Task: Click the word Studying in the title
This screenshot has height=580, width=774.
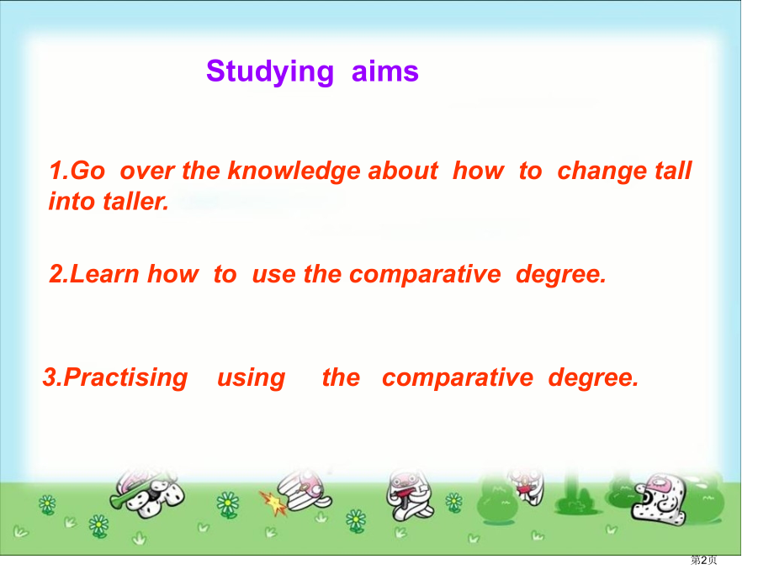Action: coord(270,72)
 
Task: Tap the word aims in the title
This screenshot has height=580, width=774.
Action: coord(385,71)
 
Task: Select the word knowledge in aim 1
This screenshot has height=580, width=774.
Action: coord(294,171)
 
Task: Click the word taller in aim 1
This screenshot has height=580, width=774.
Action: coord(135,202)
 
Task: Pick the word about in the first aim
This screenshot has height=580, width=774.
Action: coord(403,171)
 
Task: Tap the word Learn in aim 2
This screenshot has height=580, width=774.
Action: coord(104,274)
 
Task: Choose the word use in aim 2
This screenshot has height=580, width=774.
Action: coord(272,275)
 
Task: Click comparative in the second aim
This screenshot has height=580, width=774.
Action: coord(425,275)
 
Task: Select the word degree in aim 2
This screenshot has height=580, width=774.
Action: coord(560,275)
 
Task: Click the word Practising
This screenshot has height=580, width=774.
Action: coord(125,378)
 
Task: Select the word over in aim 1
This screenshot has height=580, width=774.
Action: coord(147,172)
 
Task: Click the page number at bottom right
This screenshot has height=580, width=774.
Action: coord(703,560)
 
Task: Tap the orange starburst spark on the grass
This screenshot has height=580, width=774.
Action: coord(273,502)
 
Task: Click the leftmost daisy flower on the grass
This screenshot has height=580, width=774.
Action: coord(47,505)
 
